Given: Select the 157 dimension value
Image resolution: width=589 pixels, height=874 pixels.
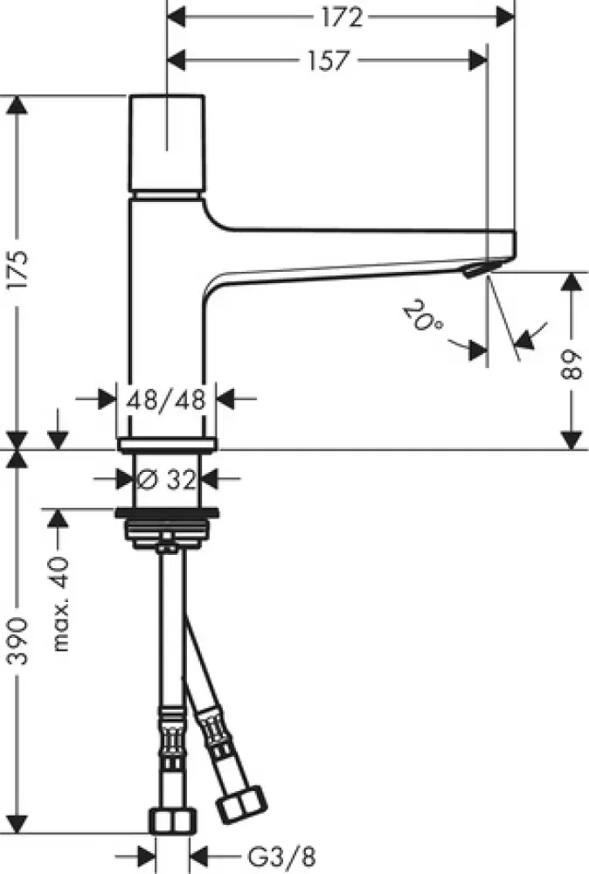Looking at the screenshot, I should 327,59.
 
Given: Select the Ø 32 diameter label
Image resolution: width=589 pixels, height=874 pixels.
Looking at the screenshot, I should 166,479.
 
